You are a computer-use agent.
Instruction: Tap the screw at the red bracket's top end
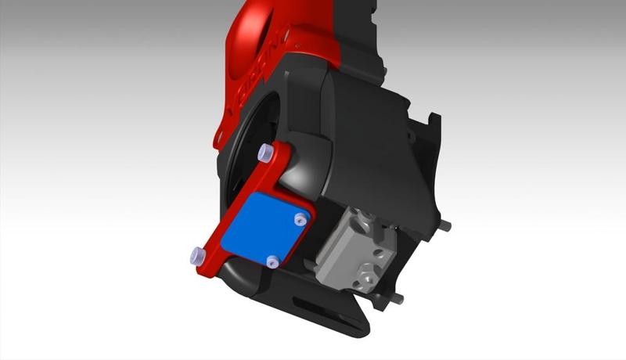pyautogui.click(x=264, y=152)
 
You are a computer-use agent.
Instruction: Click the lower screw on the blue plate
pyautogui.click(x=271, y=261)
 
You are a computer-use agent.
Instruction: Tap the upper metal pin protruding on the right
pyautogui.click(x=446, y=225)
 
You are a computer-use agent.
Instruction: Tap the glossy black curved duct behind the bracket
pyautogui.click(x=309, y=168)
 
